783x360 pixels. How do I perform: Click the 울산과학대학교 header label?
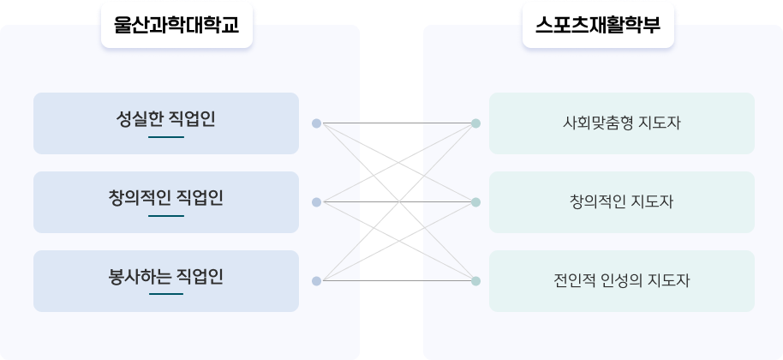tap(176, 25)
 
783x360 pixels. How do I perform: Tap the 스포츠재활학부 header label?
tap(598, 25)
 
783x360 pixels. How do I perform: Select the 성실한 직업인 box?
tap(166, 123)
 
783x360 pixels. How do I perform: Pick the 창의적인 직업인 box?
tap(166, 202)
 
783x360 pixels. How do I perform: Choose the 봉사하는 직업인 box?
tap(166, 281)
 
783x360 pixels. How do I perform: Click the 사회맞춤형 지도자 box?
tap(622, 123)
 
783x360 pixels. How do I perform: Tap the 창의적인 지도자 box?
tap(622, 202)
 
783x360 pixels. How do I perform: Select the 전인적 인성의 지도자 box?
tap(622, 281)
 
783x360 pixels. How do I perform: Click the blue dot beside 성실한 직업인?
tap(317, 123)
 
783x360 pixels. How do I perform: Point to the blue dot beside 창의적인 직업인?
tap(317, 202)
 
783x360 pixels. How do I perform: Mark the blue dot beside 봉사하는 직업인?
tap(317, 281)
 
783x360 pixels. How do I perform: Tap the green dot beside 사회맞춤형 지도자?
tap(476, 123)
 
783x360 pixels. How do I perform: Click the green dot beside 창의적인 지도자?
tap(476, 202)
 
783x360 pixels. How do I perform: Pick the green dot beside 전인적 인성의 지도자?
tap(476, 281)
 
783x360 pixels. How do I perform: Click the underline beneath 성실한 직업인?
tap(166, 137)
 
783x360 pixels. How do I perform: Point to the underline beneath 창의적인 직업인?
tap(166, 216)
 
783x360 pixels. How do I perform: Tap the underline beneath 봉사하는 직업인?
tap(166, 294)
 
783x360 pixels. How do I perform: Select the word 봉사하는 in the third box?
tap(140, 277)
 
